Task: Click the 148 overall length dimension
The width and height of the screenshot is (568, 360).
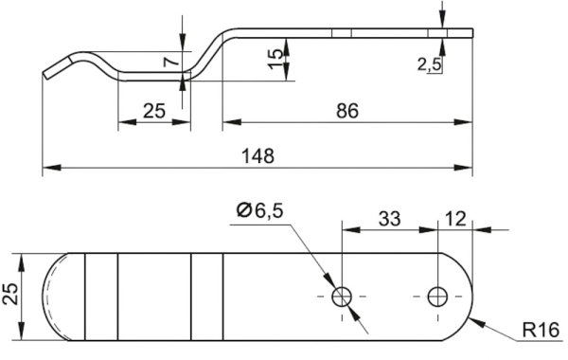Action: coord(257,155)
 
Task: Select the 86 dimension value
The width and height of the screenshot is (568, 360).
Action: coord(347,111)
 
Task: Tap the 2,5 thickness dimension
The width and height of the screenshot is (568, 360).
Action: coord(429,64)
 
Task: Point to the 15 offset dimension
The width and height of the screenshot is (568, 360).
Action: coord(275,59)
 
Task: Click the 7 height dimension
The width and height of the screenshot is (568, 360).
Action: coord(171,62)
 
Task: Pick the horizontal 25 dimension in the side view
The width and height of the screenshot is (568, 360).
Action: coord(154,111)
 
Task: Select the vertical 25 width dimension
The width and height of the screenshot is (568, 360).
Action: coord(9,294)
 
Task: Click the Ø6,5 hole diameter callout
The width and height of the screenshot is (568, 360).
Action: coord(259,210)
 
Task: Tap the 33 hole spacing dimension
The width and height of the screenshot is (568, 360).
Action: coord(390,220)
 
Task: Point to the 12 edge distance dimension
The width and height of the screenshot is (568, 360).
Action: coord(454,219)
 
